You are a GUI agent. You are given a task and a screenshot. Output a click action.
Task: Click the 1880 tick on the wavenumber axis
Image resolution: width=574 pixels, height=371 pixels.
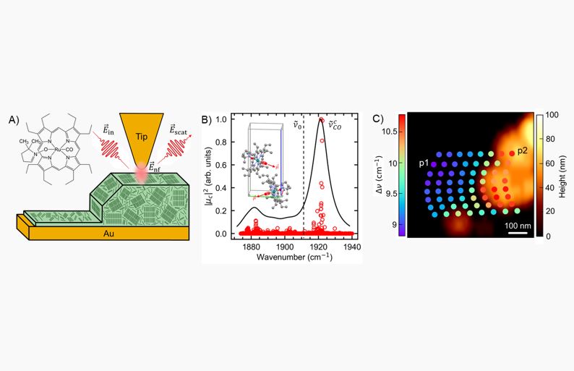251,247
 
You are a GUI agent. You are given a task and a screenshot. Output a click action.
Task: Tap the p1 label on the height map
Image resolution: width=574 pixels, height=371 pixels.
424,164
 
